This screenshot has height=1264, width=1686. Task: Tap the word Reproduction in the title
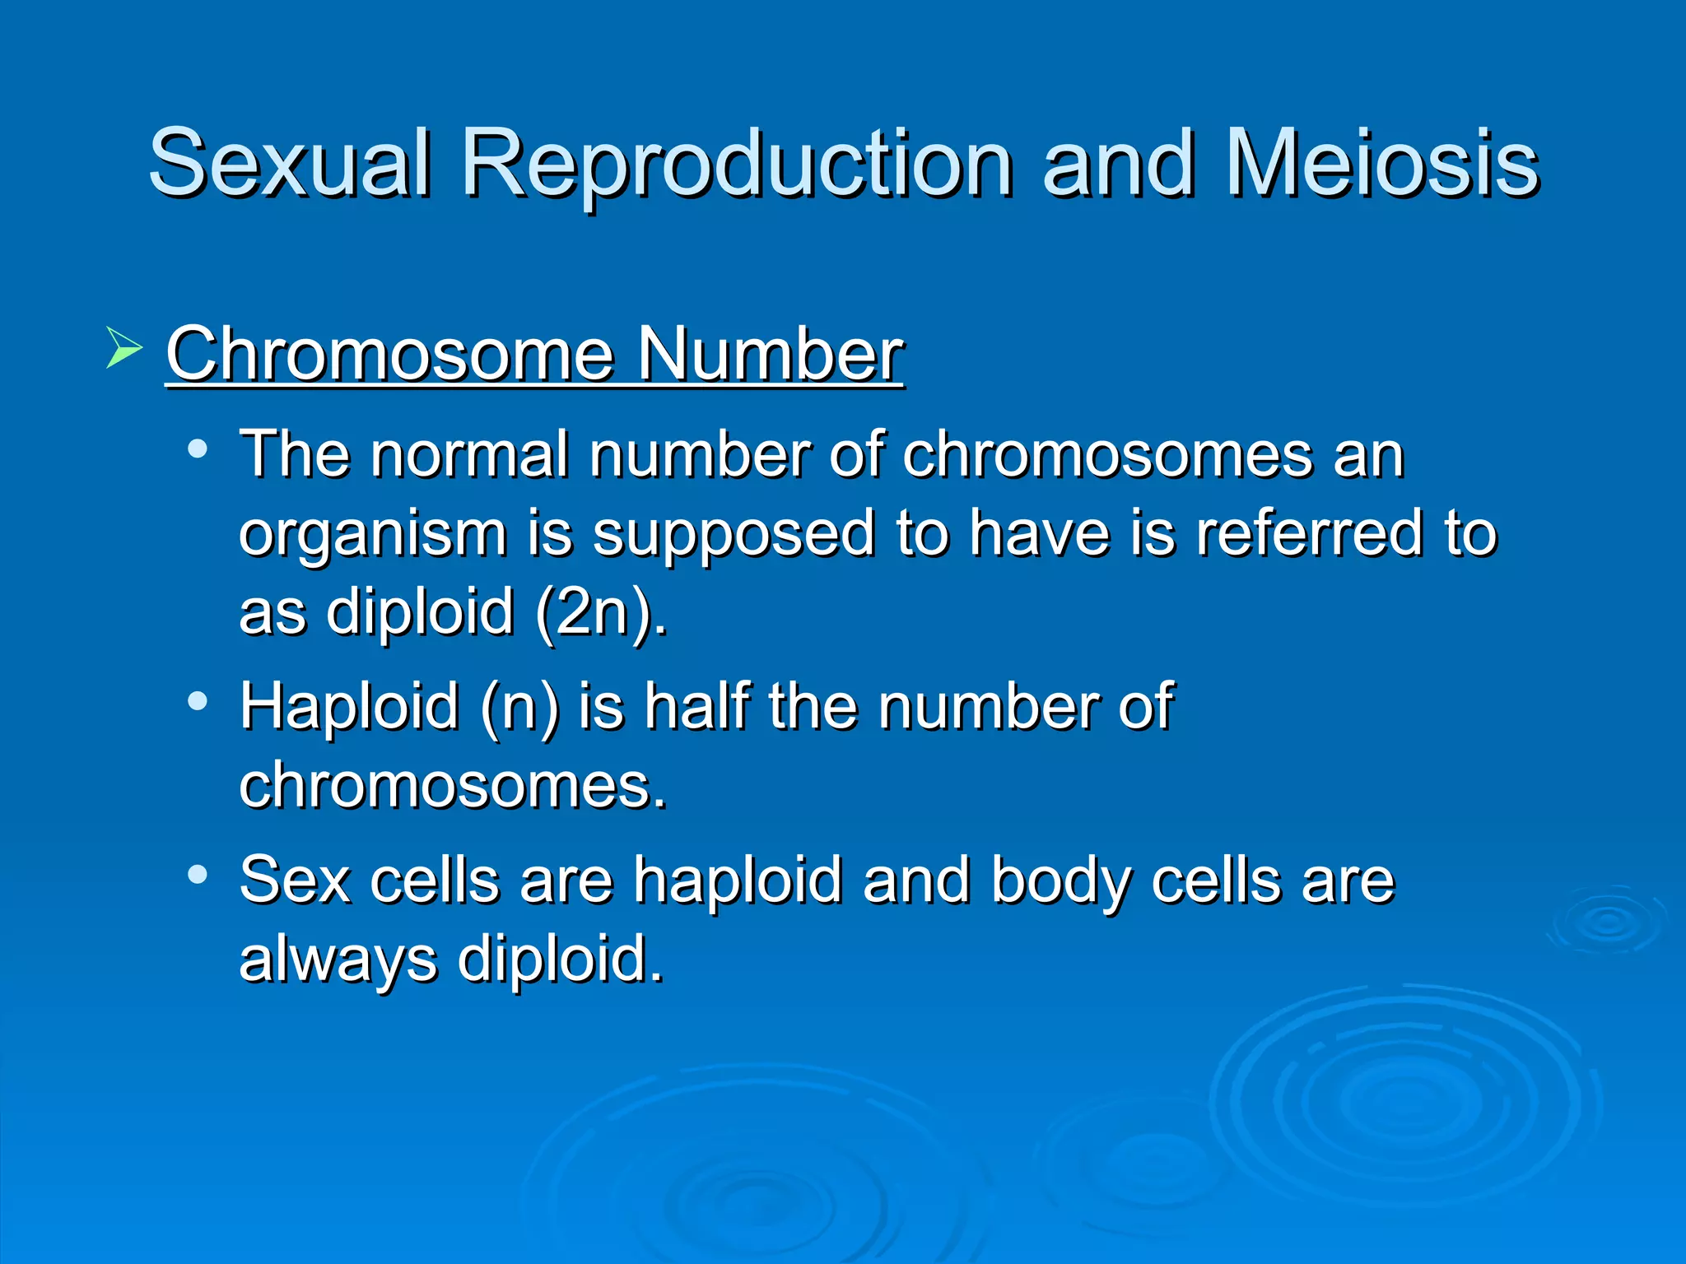click(737, 165)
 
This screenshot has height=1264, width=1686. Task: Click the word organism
click(373, 535)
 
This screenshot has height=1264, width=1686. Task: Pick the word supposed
click(734, 535)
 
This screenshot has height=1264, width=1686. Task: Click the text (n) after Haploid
click(519, 707)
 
